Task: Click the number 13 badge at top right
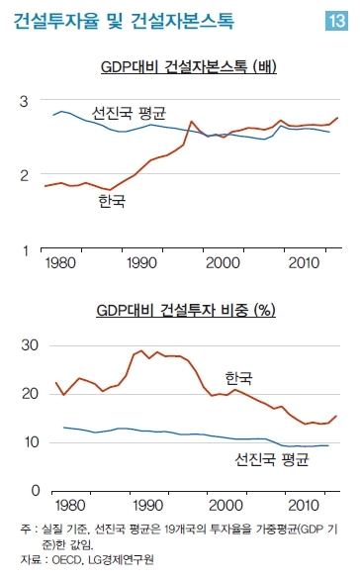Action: [x=337, y=20]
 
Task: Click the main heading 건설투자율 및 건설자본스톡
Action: [x=124, y=21]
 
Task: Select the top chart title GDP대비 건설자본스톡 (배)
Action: [x=188, y=66]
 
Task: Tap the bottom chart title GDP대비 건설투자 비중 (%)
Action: [x=186, y=310]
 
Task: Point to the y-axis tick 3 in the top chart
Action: [x=24, y=101]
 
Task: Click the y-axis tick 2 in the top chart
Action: [x=24, y=175]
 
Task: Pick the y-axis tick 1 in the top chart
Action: [x=25, y=250]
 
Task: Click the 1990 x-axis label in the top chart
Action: [x=141, y=263]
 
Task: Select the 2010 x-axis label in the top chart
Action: [x=304, y=263]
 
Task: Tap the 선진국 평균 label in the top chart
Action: [x=129, y=113]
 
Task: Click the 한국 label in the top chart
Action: [x=112, y=201]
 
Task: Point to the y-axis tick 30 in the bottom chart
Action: [x=30, y=345]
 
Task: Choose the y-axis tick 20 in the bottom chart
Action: [x=30, y=394]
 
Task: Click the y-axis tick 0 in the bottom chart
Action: [x=36, y=491]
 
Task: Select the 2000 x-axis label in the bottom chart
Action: [x=225, y=505]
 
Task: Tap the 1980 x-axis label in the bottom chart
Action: [x=70, y=505]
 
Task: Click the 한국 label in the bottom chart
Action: [x=238, y=378]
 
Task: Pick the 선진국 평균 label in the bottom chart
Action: [x=272, y=459]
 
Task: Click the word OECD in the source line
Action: [x=66, y=560]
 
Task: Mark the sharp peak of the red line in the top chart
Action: [x=191, y=121]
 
